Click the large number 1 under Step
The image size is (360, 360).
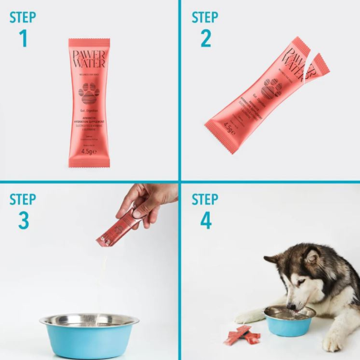23,38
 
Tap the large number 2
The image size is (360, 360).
206,38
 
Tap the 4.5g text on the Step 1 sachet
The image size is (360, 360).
89,151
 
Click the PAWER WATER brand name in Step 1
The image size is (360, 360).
89,59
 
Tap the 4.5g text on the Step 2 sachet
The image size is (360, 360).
229,128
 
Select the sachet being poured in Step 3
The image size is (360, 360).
115,230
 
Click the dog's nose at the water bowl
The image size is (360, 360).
291,306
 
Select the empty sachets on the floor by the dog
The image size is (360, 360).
243,335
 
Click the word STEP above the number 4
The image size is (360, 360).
205,199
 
